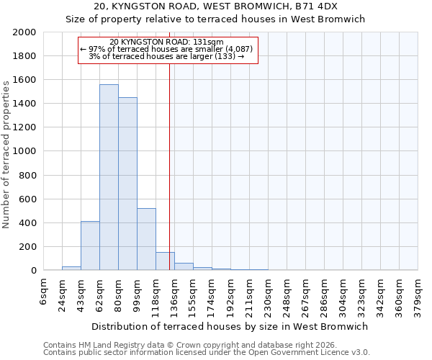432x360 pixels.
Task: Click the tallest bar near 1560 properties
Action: click(x=109, y=177)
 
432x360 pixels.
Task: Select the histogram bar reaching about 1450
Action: click(x=127, y=184)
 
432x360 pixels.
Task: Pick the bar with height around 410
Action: click(x=90, y=246)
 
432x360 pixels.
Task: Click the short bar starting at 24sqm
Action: click(x=71, y=269)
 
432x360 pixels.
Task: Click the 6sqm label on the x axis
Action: click(x=44, y=291)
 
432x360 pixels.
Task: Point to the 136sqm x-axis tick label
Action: click(x=175, y=295)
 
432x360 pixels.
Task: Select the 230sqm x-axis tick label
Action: click(x=269, y=295)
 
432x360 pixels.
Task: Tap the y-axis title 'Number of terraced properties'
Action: click(x=6, y=154)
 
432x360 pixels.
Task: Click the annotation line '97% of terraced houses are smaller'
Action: click(x=167, y=49)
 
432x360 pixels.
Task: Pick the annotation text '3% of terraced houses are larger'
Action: click(x=167, y=56)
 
